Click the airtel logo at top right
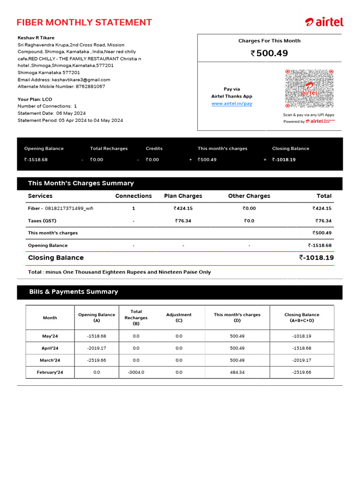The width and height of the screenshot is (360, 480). pyautogui.click(x=324, y=22)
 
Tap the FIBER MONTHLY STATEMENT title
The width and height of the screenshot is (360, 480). pyautogui.click(x=84, y=22)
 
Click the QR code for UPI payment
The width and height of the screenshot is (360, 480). pyautogui.click(x=309, y=89)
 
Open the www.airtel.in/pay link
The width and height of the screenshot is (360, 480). pyautogui.click(x=232, y=104)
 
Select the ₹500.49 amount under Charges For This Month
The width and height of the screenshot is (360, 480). pyautogui.click(x=270, y=53)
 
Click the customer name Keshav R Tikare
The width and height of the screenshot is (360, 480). pyautogui.click(x=36, y=38)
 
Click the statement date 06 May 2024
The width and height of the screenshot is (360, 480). pyautogui.click(x=71, y=113)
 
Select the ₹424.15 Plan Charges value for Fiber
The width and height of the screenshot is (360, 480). pyautogui.click(x=183, y=209)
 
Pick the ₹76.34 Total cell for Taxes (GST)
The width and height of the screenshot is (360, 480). pyautogui.click(x=323, y=221)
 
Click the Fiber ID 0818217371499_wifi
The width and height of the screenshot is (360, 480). pyautogui.click(x=69, y=209)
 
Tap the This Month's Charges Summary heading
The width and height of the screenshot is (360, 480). pyautogui.click(x=81, y=183)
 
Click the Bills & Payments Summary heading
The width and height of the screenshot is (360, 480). pyautogui.click(x=74, y=292)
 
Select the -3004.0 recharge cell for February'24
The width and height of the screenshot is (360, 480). pyautogui.click(x=136, y=372)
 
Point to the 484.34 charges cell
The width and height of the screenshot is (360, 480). pyautogui.click(x=237, y=372)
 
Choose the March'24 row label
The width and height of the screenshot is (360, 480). pyautogui.click(x=50, y=360)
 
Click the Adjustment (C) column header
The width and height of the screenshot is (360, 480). pyautogui.click(x=179, y=318)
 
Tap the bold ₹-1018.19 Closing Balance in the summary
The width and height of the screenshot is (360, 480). pyautogui.click(x=316, y=258)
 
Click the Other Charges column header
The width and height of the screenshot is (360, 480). pyautogui.click(x=249, y=196)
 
